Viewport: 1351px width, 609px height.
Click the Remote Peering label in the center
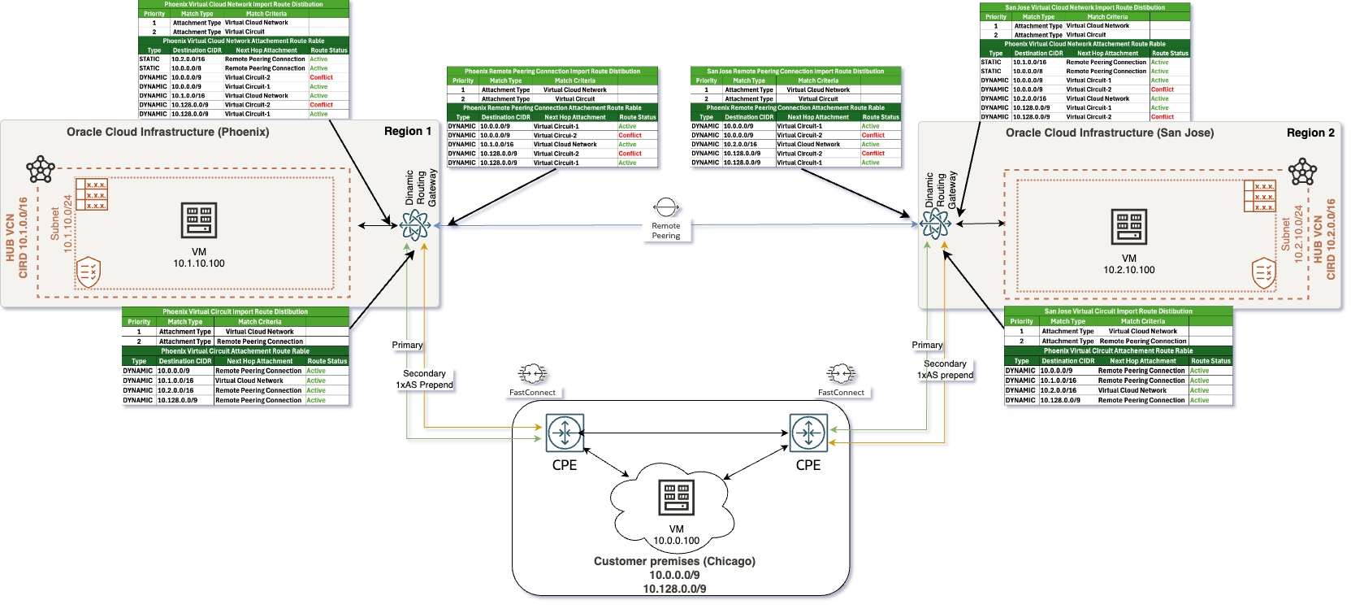coord(665,231)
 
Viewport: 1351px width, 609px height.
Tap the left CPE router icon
coord(565,433)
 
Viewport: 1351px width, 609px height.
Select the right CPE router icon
coord(808,433)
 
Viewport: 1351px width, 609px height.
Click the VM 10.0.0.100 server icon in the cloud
coord(676,497)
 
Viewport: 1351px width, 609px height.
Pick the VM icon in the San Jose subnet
coord(1129,227)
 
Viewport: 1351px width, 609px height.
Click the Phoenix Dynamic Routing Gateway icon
coord(415,224)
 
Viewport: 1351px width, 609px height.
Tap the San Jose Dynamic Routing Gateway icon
coord(935,223)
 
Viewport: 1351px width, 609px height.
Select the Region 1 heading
coord(408,131)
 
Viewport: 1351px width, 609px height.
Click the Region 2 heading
coord(1310,133)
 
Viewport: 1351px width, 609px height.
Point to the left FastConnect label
coord(532,392)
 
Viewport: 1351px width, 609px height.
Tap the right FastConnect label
coord(841,392)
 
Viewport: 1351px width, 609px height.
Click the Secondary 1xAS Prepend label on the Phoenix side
coord(424,379)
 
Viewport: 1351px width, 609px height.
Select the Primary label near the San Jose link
coord(927,345)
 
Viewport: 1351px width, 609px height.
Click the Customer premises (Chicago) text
coord(674,561)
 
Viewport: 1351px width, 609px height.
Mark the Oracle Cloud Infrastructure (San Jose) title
coord(1110,133)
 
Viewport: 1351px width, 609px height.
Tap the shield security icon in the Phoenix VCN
coord(88,272)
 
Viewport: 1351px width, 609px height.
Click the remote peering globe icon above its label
coord(665,207)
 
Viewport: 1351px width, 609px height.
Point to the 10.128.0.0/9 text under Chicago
coord(674,589)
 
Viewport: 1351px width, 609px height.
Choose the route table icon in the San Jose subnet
coord(1259,197)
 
